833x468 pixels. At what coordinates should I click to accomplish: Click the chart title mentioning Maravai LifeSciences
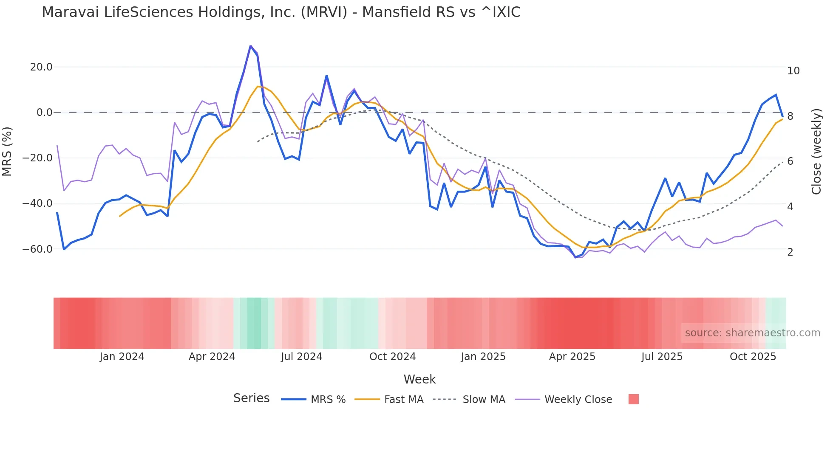281,12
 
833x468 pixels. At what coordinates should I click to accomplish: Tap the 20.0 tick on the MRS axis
41,67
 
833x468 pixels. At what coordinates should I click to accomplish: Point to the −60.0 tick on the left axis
37,249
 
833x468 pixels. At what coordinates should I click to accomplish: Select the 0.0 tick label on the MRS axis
44,113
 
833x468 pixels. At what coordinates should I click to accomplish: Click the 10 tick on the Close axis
793,71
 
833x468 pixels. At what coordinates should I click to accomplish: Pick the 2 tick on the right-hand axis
790,252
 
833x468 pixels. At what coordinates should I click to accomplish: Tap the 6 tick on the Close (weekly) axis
790,161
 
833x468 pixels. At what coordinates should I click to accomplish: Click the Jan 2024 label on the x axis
122,357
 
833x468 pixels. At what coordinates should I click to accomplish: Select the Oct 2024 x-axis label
392,357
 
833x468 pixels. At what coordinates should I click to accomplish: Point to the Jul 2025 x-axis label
662,357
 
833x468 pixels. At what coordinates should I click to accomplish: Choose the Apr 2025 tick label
572,357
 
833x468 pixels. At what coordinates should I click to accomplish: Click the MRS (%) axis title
7,152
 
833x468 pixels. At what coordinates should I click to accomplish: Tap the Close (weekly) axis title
816,152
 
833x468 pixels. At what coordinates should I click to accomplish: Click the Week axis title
419,379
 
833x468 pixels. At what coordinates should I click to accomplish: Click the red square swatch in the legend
633,399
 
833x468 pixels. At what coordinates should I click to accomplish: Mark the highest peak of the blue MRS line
251,46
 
